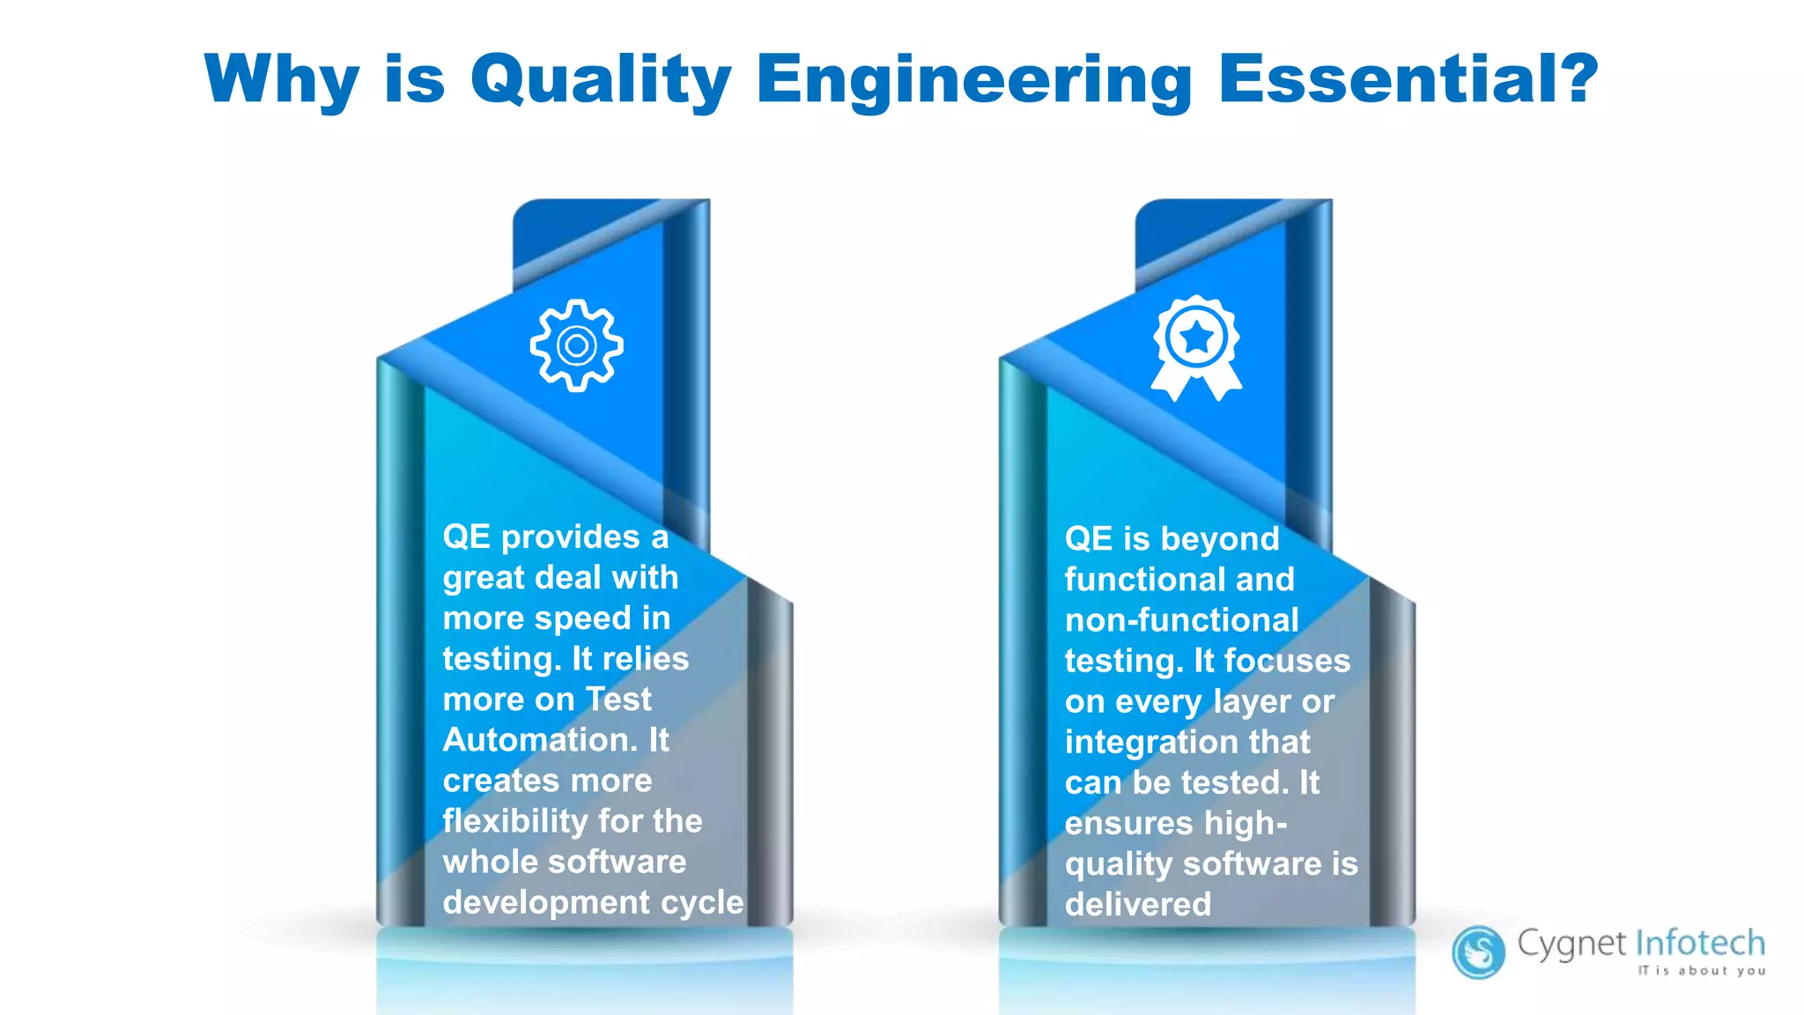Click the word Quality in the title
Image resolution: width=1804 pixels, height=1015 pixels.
pyautogui.click(x=601, y=79)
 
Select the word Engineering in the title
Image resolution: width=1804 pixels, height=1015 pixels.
pyautogui.click(x=974, y=79)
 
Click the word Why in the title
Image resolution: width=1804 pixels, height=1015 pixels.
pyautogui.click(x=281, y=79)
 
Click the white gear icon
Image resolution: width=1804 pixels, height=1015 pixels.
pyautogui.click(x=577, y=345)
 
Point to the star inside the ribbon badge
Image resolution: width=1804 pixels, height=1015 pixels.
pyautogui.click(x=1196, y=337)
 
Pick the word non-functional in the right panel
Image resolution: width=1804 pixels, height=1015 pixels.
pyautogui.click(x=1181, y=620)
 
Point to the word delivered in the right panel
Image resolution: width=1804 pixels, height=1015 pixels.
pyautogui.click(x=1137, y=905)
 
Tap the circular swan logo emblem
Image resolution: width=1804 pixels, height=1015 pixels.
pyautogui.click(x=1478, y=952)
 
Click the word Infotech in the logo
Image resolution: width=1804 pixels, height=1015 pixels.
pyautogui.click(x=1700, y=943)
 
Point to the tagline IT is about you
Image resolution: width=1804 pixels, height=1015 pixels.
pyautogui.click(x=1701, y=971)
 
